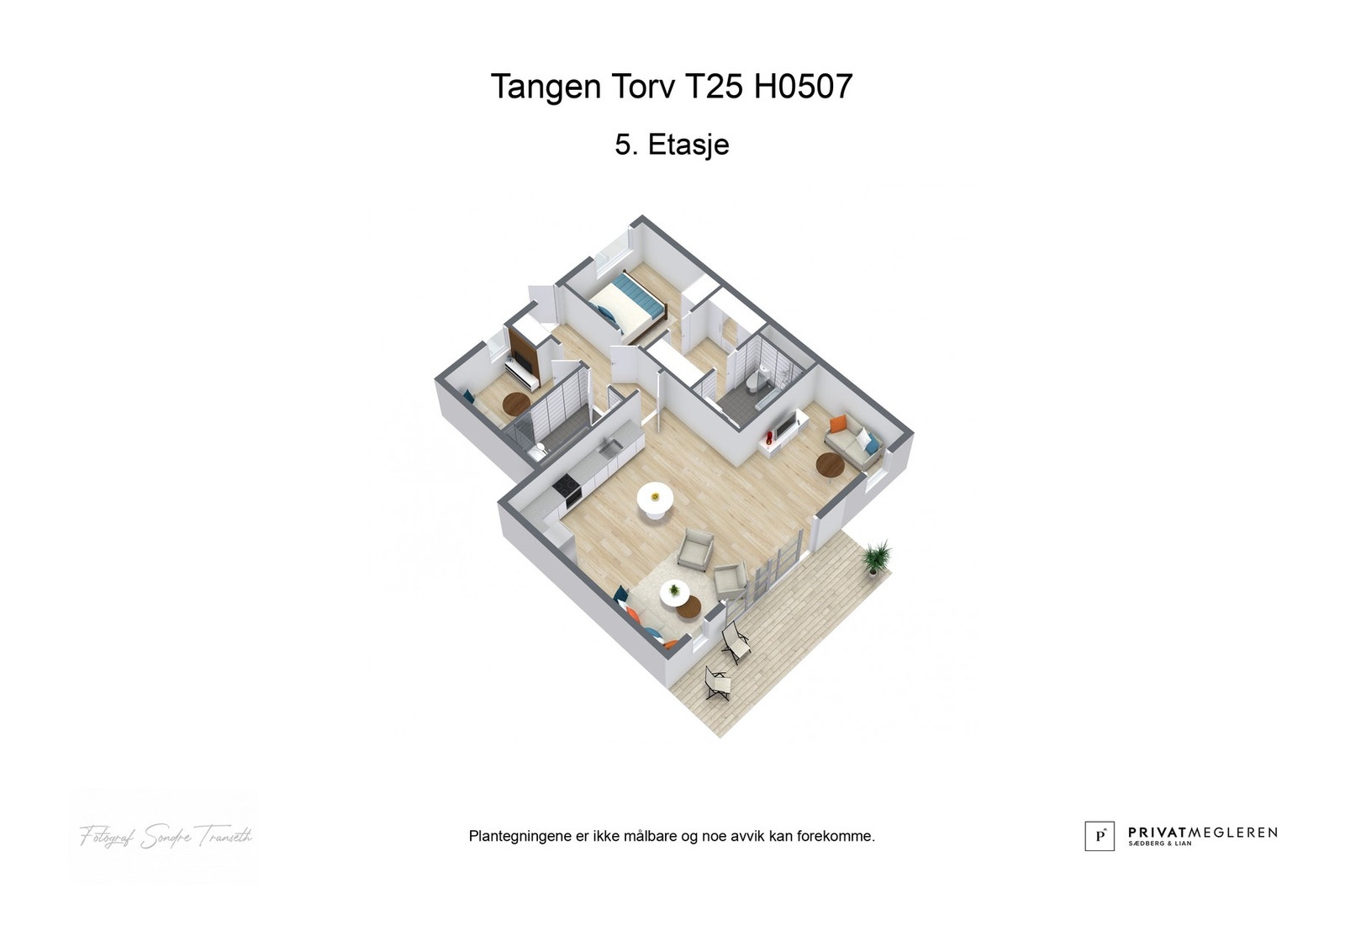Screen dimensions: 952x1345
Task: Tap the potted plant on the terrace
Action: [x=877, y=558]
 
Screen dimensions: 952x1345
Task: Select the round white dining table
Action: [x=655, y=501]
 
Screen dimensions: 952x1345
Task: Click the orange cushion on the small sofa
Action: [x=838, y=424]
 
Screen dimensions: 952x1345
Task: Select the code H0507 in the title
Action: [x=803, y=86]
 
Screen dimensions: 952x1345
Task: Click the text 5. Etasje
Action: [x=672, y=145]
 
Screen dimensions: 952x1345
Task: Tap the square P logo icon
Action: [x=1099, y=836]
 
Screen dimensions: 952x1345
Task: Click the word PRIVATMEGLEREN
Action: [x=1202, y=832]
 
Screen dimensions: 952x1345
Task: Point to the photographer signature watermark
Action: [x=166, y=836]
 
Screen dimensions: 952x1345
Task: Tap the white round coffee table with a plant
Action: [x=673, y=592]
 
